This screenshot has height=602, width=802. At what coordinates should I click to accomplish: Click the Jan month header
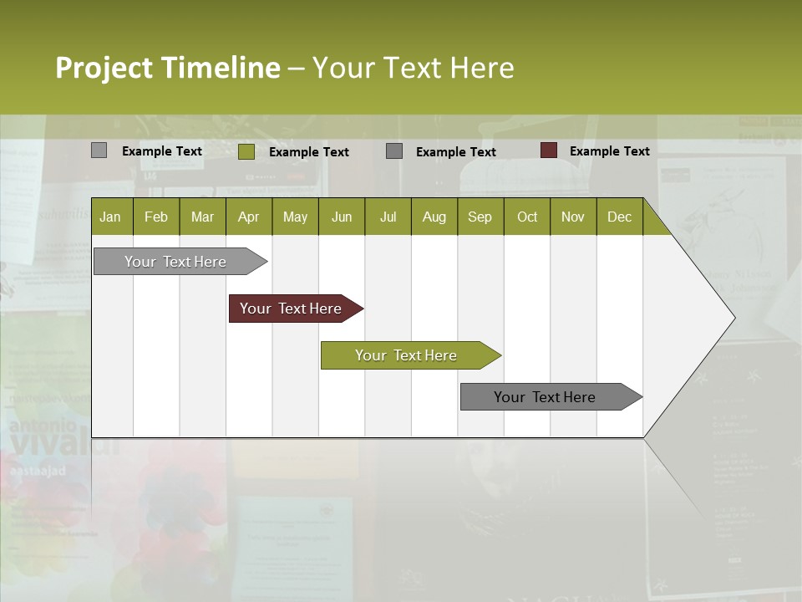point(110,217)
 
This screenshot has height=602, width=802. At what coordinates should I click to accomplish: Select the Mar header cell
point(202,217)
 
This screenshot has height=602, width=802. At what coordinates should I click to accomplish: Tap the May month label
point(295,217)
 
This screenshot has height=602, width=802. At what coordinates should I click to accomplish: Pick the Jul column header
point(388,217)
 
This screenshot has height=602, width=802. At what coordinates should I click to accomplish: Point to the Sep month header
point(480,217)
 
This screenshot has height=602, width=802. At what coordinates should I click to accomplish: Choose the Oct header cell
point(527,217)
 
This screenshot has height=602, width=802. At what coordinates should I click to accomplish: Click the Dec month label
point(619,217)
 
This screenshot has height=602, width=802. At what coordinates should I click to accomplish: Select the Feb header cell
point(156,217)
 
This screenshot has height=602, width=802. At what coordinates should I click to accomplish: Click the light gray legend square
point(99,150)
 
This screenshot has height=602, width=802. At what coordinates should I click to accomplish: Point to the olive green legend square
point(246,151)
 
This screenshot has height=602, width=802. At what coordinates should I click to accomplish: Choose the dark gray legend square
point(394,151)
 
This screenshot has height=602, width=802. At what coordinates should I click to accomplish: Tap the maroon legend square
point(548,150)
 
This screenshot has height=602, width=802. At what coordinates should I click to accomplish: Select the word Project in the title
point(104,68)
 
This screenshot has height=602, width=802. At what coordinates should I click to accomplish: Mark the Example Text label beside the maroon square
point(609,151)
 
